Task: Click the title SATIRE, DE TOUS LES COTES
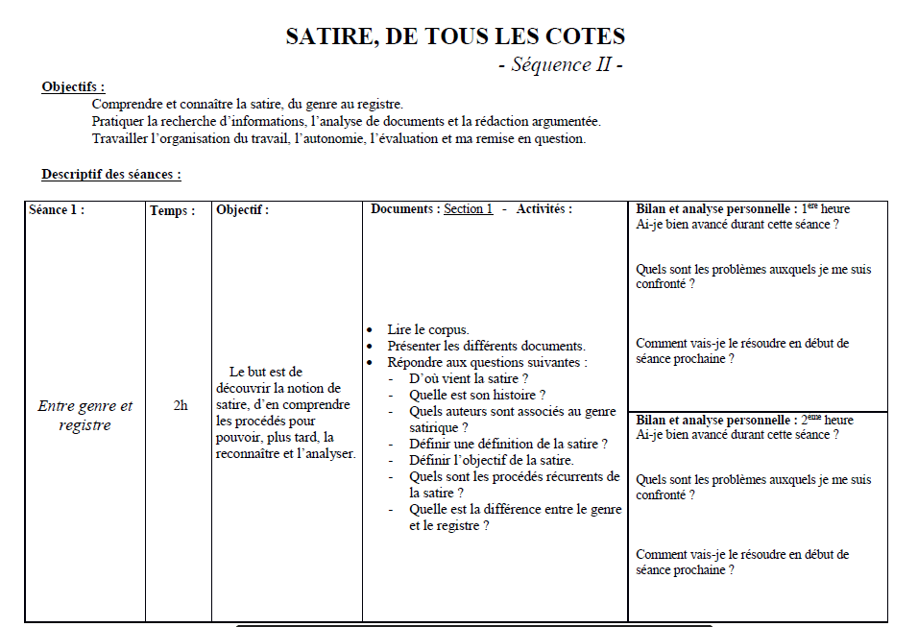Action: [x=455, y=37]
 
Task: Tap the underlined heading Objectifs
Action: [x=73, y=87]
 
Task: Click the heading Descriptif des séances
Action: [x=111, y=175]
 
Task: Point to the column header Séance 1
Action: [x=57, y=209]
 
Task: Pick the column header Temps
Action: [x=173, y=210]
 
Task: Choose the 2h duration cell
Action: [x=181, y=405]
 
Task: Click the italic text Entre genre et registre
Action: [x=85, y=415]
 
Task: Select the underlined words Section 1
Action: [x=468, y=209]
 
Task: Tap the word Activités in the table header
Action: [x=544, y=209]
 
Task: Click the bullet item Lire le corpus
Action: [x=427, y=329]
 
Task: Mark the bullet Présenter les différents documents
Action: [x=486, y=346]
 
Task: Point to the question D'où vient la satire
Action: [x=469, y=379]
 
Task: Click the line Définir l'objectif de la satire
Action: [x=492, y=460]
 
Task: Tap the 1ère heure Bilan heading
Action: [x=742, y=209]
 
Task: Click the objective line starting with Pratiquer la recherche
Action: [x=346, y=121]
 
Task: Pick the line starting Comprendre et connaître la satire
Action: [x=247, y=104]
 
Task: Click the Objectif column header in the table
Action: [x=243, y=209]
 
